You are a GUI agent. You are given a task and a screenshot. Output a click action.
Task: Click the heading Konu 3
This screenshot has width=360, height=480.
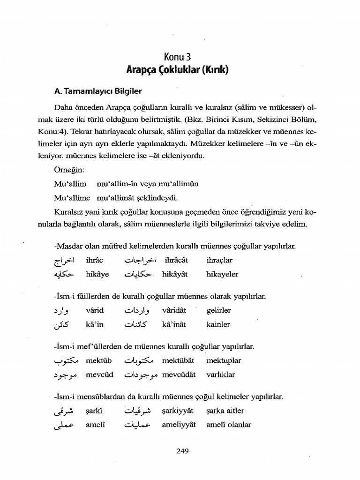(x=177, y=58)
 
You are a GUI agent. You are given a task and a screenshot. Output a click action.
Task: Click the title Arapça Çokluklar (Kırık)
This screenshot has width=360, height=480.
(x=177, y=71)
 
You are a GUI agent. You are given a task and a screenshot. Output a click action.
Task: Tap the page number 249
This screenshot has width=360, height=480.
(x=182, y=451)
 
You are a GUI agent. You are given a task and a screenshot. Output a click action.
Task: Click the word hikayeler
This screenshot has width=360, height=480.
(x=222, y=274)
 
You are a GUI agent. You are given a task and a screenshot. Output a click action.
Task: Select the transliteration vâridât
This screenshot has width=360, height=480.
(x=177, y=310)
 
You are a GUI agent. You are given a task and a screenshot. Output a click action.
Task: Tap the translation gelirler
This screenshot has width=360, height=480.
(x=218, y=310)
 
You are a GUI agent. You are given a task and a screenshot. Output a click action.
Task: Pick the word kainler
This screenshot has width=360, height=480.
(x=218, y=324)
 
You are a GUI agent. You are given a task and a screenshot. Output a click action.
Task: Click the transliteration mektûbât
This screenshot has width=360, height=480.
(x=178, y=361)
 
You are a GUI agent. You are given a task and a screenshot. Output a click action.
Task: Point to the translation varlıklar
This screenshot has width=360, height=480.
(x=220, y=375)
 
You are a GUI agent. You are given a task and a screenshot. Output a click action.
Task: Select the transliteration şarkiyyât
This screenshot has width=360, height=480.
(x=179, y=411)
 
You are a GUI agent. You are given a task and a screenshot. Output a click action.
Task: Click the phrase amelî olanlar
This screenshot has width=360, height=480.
(x=229, y=425)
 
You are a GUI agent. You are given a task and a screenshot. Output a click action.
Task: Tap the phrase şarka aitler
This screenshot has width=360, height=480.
(x=225, y=411)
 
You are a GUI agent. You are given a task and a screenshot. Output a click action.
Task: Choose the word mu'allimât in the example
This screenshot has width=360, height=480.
(x=113, y=197)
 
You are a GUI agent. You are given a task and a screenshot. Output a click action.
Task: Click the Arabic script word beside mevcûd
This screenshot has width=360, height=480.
(x=64, y=375)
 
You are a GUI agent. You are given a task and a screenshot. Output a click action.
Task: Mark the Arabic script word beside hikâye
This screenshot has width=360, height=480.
(x=64, y=274)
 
